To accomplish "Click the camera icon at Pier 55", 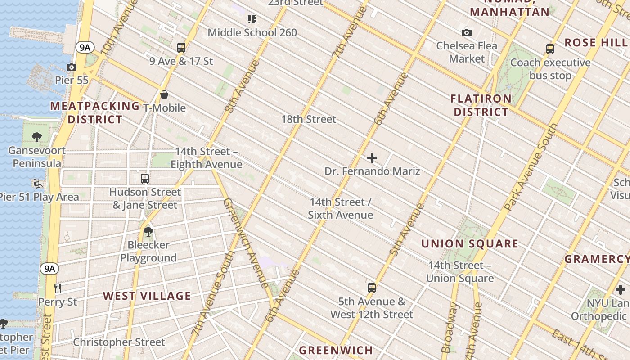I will point(71,67).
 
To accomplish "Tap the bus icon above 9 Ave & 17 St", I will point(181,47).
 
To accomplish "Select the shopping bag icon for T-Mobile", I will point(164,94).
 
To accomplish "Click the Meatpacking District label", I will point(94,112).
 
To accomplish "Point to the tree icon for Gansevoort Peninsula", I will point(37,137).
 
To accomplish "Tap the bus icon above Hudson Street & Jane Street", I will point(144,178).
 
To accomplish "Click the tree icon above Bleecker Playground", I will point(148,232).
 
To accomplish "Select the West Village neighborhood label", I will point(147,296).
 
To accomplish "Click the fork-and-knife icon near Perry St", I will point(57,288).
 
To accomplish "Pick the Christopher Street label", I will point(119,342).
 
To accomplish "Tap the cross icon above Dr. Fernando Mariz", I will point(372,158).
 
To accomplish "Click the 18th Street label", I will point(309,119).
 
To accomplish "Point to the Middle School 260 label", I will point(252,32).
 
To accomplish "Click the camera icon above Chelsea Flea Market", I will point(467,32).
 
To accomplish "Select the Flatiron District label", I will point(481,105).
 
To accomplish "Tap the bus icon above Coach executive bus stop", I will point(550,49).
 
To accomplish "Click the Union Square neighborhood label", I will point(470,244).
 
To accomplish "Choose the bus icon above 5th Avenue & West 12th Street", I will point(371,288).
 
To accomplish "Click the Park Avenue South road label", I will point(532,167).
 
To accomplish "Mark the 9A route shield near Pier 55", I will point(84,47).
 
